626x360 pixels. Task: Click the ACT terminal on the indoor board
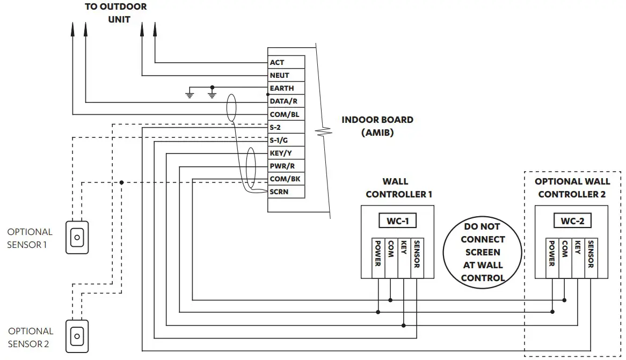pyautogui.click(x=286, y=62)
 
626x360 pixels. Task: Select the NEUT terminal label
pyautogui.click(x=286, y=75)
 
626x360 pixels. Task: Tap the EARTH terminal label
pyautogui.click(x=286, y=88)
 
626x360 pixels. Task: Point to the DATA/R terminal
pyautogui.click(x=286, y=101)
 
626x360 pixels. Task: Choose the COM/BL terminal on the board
pyautogui.click(x=286, y=114)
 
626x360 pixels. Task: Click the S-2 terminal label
pyautogui.click(x=286, y=127)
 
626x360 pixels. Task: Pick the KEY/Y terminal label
pyautogui.click(x=286, y=153)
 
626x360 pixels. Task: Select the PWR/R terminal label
pyautogui.click(x=286, y=166)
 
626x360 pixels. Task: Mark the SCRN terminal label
pyautogui.click(x=286, y=192)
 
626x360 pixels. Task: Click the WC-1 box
pyautogui.click(x=398, y=221)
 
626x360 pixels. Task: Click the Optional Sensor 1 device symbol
pyautogui.click(x=77, y=237)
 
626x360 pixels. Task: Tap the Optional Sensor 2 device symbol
pyautogui.click(x=77, y=336)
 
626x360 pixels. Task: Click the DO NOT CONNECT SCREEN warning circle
pyautogui.click(x=482, y=252)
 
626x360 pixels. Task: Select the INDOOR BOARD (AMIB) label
pyautogui.click(x=377, y=126)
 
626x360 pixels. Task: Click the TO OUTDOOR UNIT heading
pyautogui.click(x=115, y=13)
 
